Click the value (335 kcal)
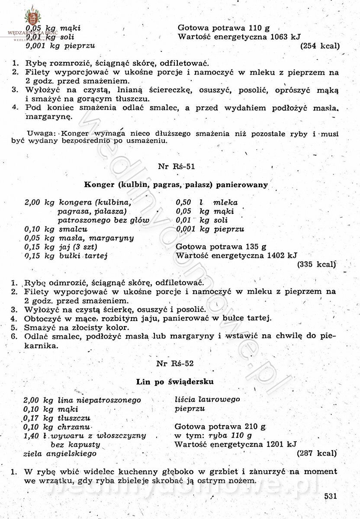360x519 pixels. pos(316,264)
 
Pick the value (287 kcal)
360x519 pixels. pos(317,454)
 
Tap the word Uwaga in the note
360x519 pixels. pos(41,133)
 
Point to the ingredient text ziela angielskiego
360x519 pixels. pos(60,454)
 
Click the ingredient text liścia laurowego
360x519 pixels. pos(207,400)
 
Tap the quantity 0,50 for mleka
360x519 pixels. pos(184,202)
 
